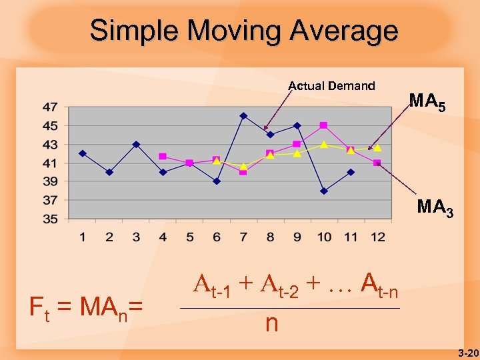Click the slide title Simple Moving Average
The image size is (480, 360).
pos(244,31)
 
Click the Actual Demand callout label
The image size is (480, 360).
pos(331,85)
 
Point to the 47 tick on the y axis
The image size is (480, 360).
pos(50,107)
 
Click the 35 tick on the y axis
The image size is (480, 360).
pos(50,219)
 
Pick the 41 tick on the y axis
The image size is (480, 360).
pos(50,163)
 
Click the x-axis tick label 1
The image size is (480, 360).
pos(83,237)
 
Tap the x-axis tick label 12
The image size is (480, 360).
pos(377,237)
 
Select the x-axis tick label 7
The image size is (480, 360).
pos(243,237)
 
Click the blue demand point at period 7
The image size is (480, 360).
pos(243,116)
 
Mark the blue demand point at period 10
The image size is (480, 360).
pos(324,191)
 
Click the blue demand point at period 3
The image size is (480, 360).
pos(136,144)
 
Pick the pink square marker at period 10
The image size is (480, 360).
pos(323,125)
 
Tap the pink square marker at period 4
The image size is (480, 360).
pos(163,156)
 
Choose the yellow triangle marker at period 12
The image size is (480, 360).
pos(377,148)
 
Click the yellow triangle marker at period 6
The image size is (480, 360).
pos(217,161)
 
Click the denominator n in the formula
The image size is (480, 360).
pos(271,324)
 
